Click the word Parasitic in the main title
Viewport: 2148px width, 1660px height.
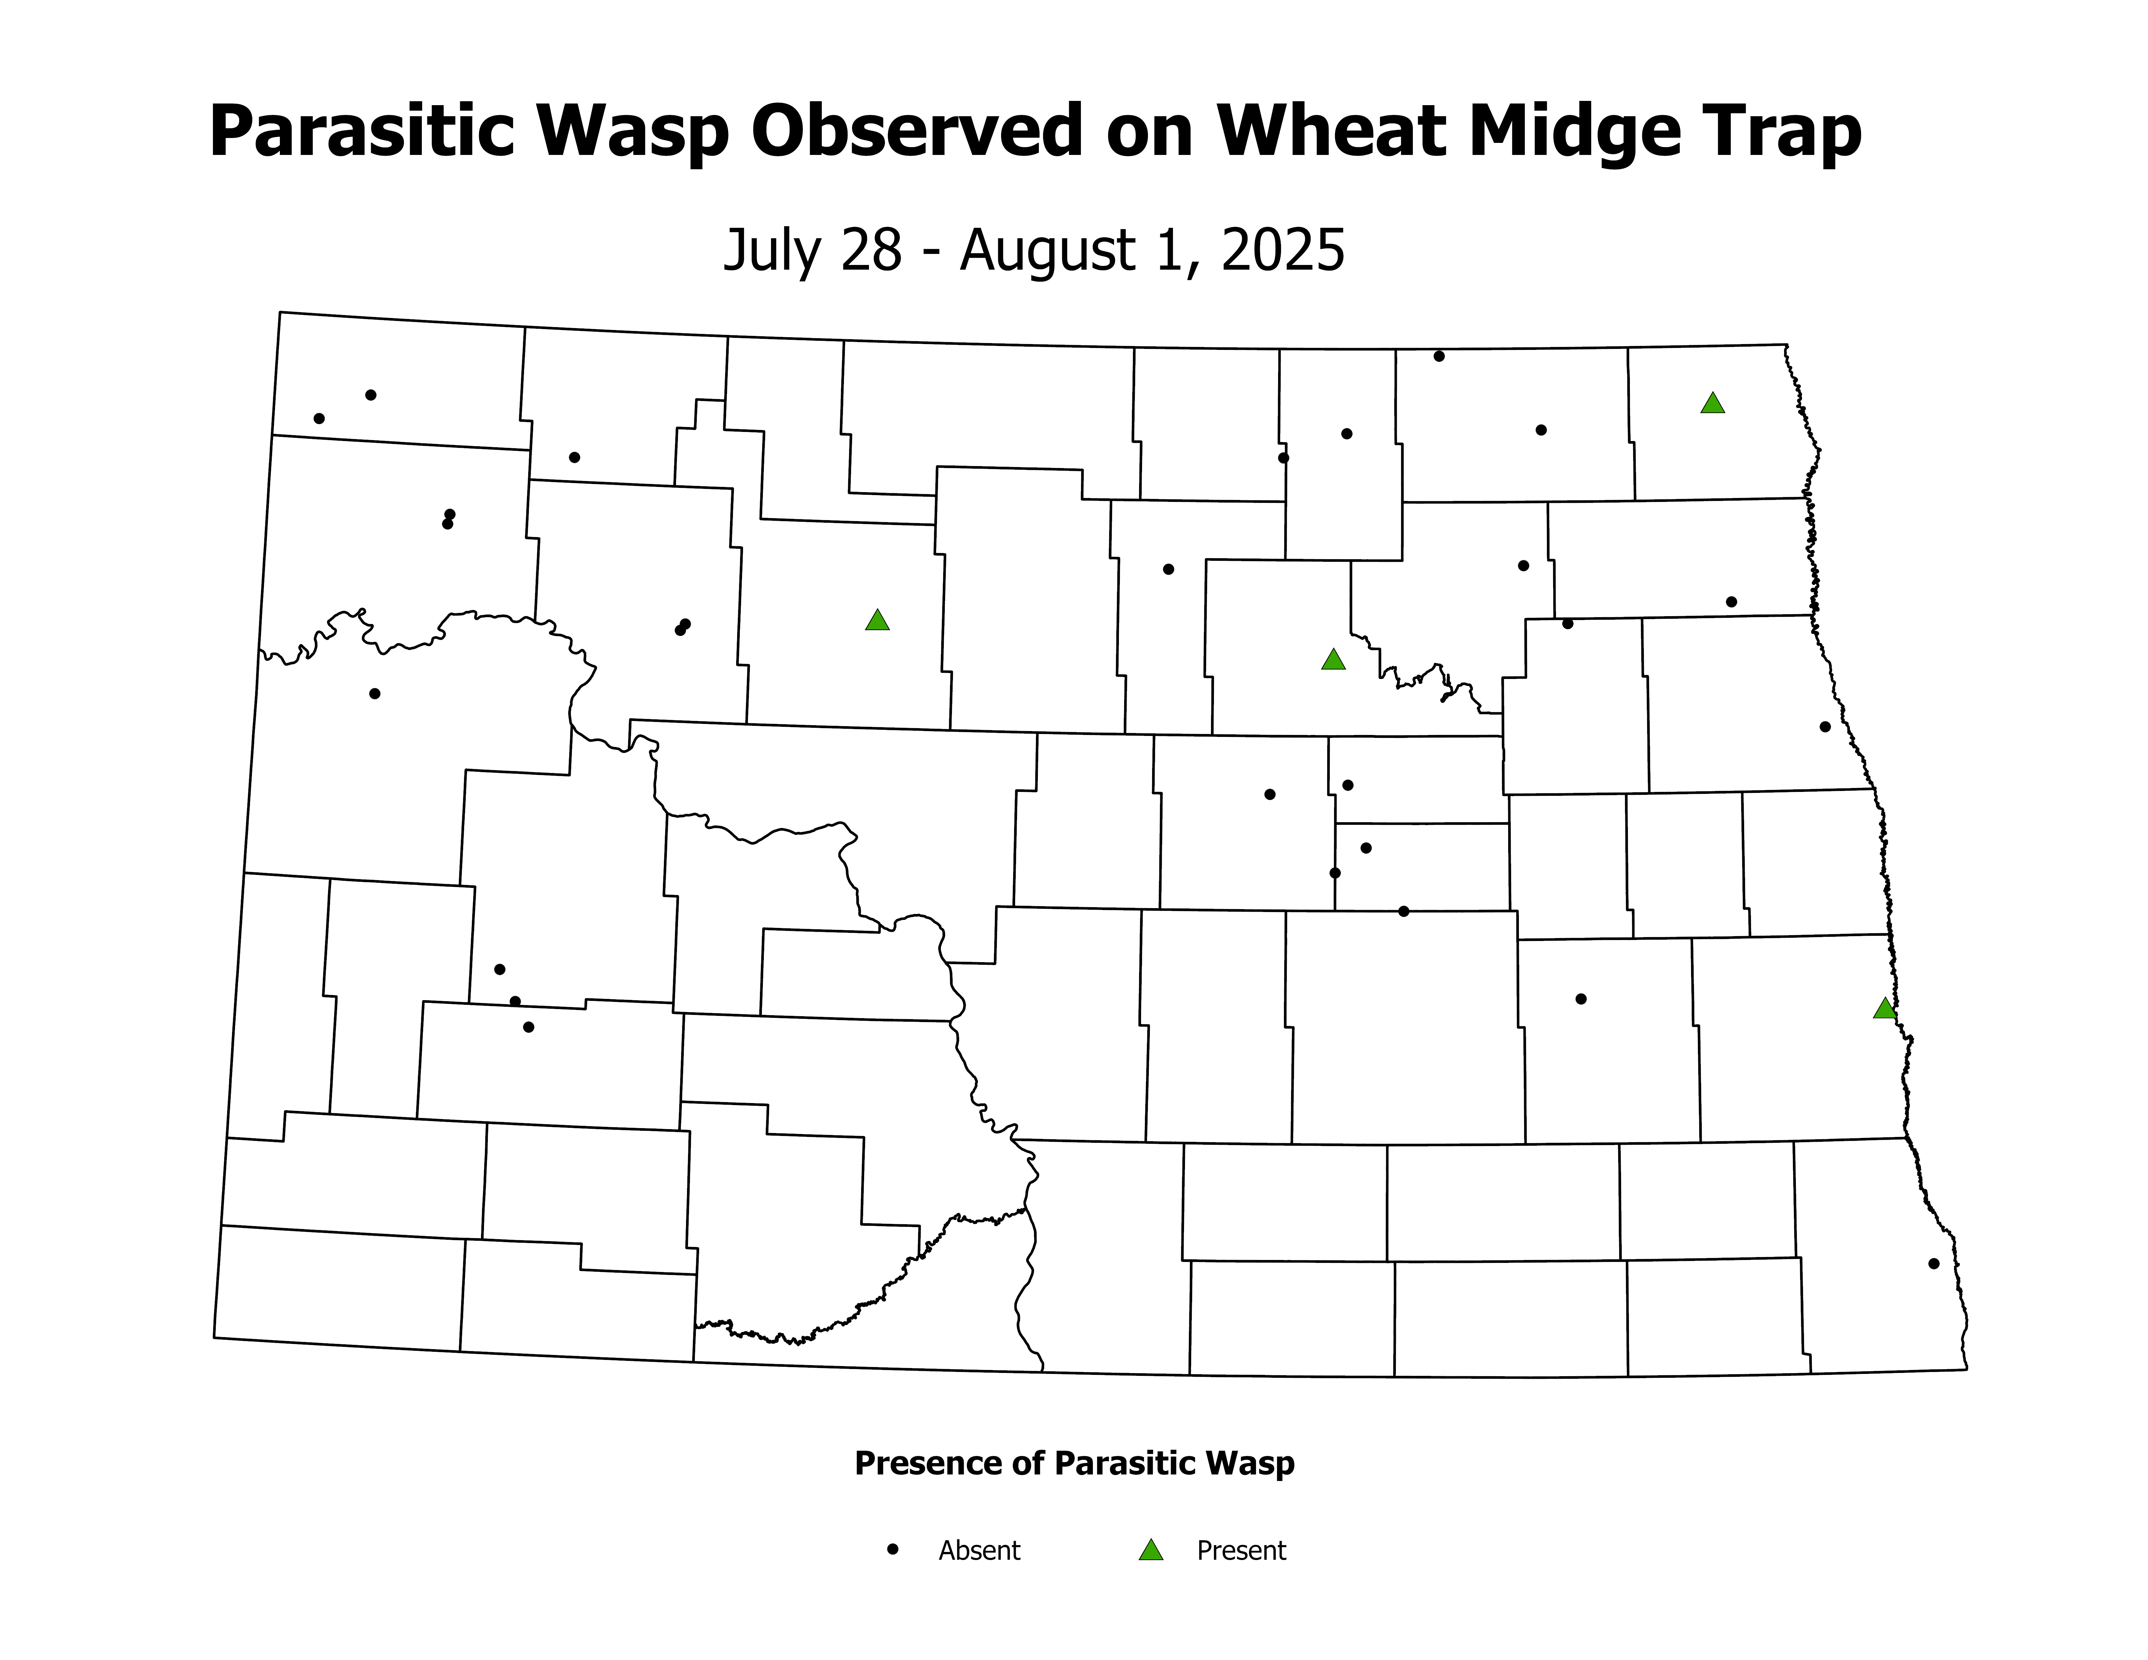click(x=361, y=133)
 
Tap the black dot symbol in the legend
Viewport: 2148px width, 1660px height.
click(x=893, y=1549)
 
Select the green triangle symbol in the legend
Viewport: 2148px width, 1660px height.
click(x=1151, y=1551)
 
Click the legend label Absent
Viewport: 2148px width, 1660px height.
click(x=980, y=1551)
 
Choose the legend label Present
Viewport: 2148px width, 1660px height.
click(x=1241, y=1551)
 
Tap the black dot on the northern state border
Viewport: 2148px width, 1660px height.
click(x=1439, y=356)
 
